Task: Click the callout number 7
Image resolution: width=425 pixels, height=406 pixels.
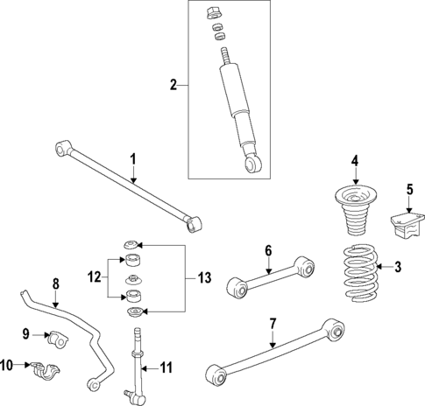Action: [273, 324]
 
